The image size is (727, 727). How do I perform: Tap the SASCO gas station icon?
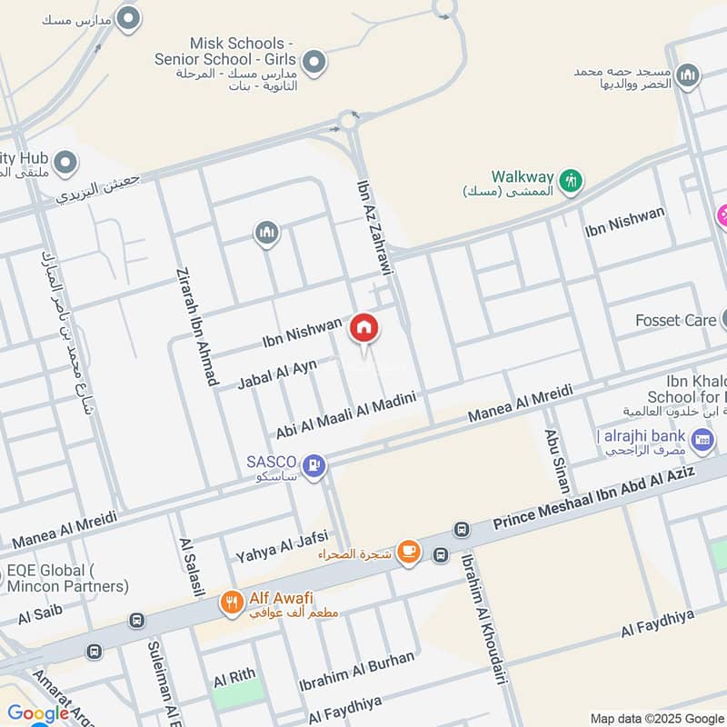pyautogui.click(x=314, y=467)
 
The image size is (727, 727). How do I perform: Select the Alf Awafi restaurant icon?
pyautogui.click(x=232, y=602)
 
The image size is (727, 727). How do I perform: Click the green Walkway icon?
pyautogui.click(x=571, y=180)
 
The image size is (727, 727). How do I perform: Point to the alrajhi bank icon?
pyautogui.click(x=702, y=442)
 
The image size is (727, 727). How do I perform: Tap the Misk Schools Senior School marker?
pyautogui.click(x=314, y=63)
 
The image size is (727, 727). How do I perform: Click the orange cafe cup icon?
pyautogui.click(x=409, y=553)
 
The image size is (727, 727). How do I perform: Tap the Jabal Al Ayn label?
pyautogui.click(x=277, y=373)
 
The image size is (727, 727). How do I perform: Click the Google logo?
pyautogui.click(x=38, y=713)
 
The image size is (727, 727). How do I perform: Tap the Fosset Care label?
pyautogui.click(x=676, y=320)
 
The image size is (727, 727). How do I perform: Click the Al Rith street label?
pyautogui.click(x=233, y=680)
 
